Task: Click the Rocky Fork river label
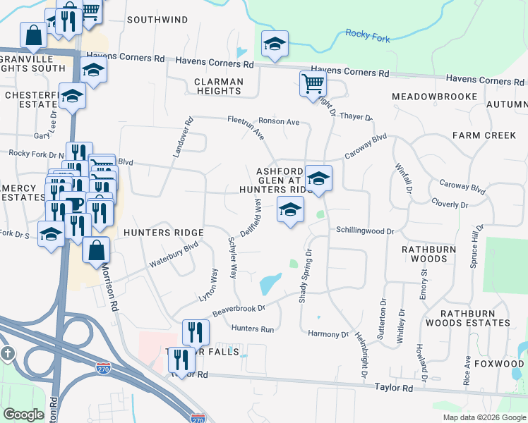(x=368, y=35)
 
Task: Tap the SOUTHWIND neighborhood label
(x=156, y=20)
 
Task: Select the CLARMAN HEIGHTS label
(x=219, y=86)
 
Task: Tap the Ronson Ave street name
(x=279, y=121)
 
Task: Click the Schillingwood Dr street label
(x=364, y=231)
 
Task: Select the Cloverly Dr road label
(x=449, y=204)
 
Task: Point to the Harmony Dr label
(x=325, y=333)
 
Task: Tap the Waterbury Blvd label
(x=173, y=256)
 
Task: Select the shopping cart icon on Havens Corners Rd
(x=313, y=84)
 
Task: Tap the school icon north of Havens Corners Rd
(x=275, y=44)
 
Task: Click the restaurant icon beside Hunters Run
(x=196, y=332)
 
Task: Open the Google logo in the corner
(x=23, y=415)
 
